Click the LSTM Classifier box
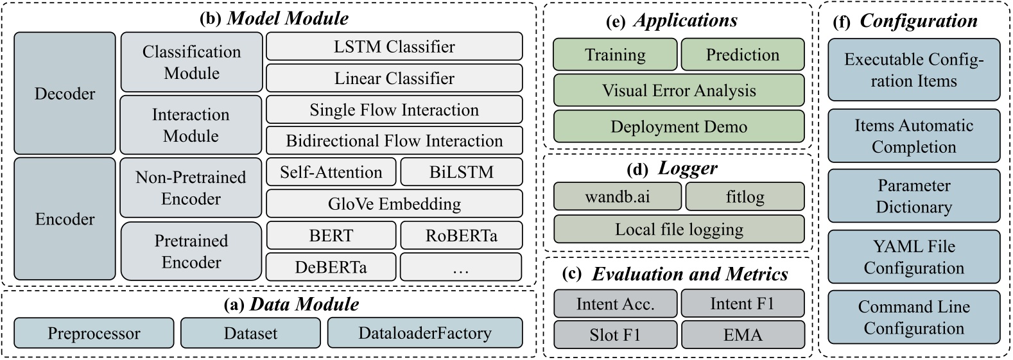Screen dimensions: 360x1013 (x=394, y=47)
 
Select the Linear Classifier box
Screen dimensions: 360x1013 (x=394, y=78)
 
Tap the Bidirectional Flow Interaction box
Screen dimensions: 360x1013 (x=394, y=141)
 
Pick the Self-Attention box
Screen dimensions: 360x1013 (x=331, y=172)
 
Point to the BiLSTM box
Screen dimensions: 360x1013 (x=461, y=172)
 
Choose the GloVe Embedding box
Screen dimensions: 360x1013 (x=394, y=204)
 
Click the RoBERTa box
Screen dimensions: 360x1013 (x=461, y=236)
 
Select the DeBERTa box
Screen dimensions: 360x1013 (x=331, y=267)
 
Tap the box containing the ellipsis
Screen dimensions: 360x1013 (x=461, y=267)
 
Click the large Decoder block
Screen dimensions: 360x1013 (x=65, y=94)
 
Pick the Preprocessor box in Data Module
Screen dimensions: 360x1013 (x=94, y=334)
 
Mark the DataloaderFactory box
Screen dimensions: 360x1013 (x=424, y=334)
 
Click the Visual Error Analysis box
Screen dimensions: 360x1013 (x=679, y=90)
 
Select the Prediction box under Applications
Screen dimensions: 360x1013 (x=742, y=55)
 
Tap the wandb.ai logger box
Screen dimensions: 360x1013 (x=617, y=196)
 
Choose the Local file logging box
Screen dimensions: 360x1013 (x=679, y=229)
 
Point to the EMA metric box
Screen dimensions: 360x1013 (x=742, y=335)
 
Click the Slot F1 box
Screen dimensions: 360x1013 (x=615, y=335)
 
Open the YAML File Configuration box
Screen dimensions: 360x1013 (x=913, y=257)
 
